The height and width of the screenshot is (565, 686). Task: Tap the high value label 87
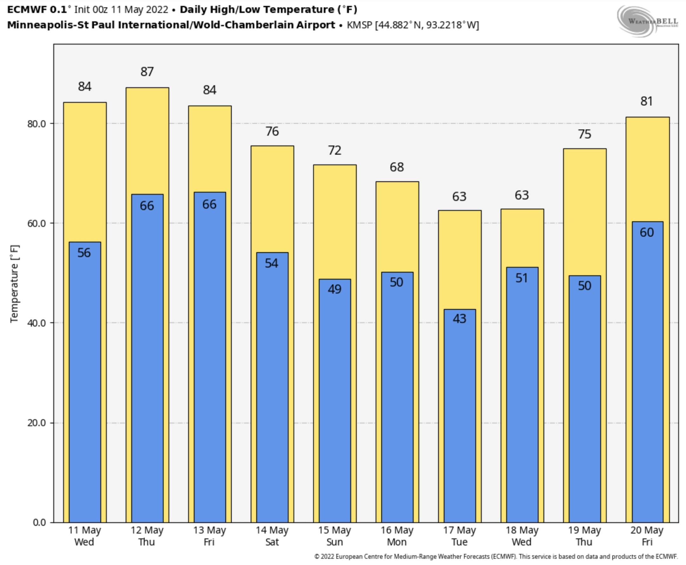pos(147,72)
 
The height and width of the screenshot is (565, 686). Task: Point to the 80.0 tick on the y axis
pos(37,124)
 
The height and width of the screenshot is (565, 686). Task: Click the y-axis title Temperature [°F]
pos(15,284)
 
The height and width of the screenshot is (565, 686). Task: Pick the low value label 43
pos(459,319)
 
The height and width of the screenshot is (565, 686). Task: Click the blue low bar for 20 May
pos(647,374)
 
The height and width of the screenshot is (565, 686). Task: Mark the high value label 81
pos(647,101)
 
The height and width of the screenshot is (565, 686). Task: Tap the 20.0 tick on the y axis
pos(37,423)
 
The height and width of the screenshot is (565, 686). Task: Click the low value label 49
pos(334,289)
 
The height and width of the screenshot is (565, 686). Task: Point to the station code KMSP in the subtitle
pos(359,25)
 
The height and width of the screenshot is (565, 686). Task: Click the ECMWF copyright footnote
pos(495,556)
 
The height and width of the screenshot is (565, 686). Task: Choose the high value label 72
pos(334,150)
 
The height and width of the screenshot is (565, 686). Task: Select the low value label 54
pos(272,263)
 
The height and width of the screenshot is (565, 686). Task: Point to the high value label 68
pos(397,167)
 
